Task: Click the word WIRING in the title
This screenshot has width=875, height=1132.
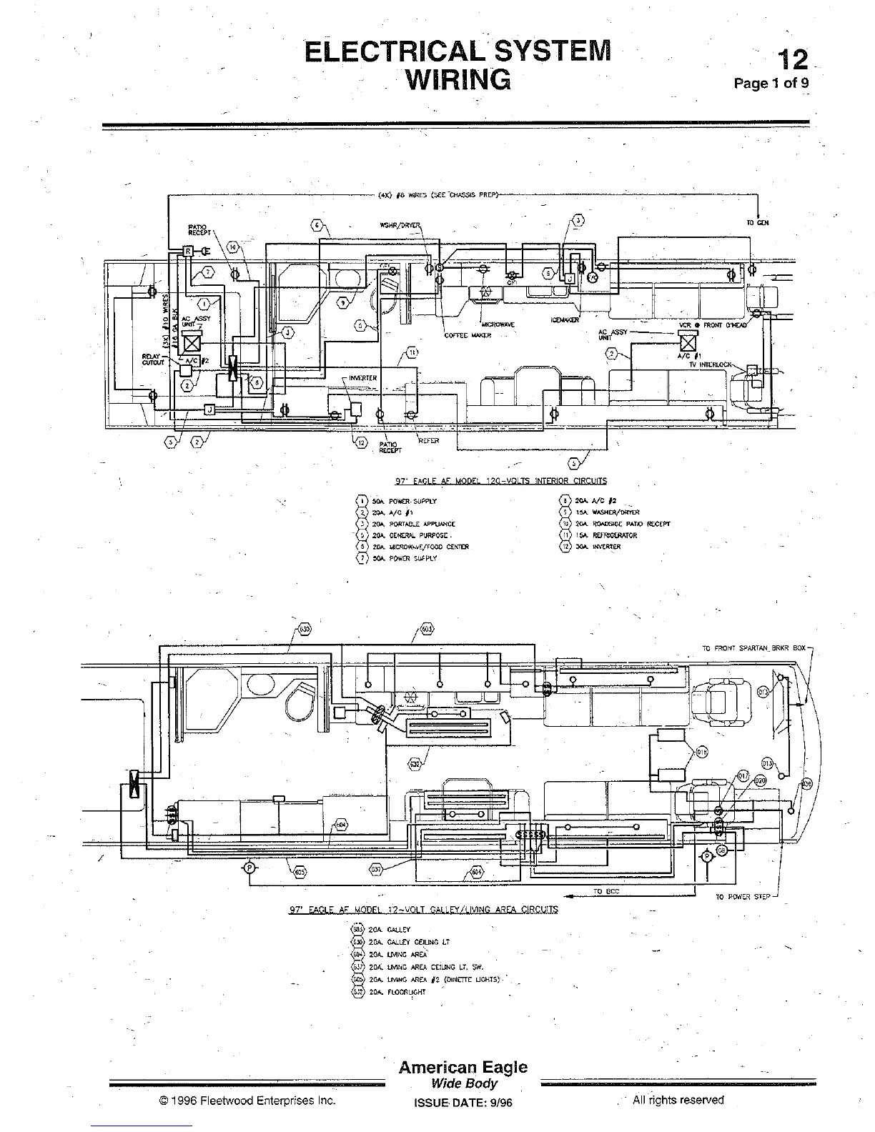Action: pyautogui.click(x=458, y=79)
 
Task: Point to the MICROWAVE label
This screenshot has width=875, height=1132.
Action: pyautogui.click(x=498, y=324)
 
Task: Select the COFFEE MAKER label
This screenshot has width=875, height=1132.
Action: pyautogui.click(x=468, y=335)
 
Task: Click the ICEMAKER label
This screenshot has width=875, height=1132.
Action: pyautogui.click(x=565, y=319)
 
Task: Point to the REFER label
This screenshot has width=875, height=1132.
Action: pyautogui.click(x=428, y=441)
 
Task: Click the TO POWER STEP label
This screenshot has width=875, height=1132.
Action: pyautogui.click(x=743, y=896)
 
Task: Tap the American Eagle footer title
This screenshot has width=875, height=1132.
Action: pyautogui.click(x=463, y=1067)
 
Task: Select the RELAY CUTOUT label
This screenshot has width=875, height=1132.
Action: pyautogui.click(x=154, y=359)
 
